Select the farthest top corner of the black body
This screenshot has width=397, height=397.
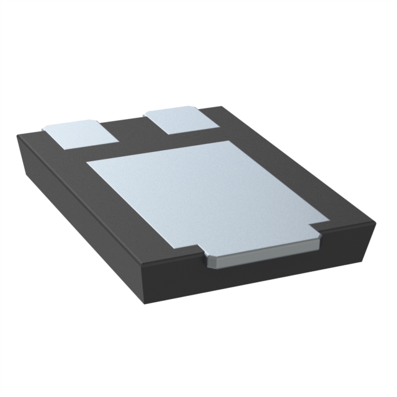pos(218,106)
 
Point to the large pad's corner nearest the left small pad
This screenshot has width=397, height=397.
pos(88,163)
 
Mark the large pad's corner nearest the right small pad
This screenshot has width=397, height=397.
pos(230,141)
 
